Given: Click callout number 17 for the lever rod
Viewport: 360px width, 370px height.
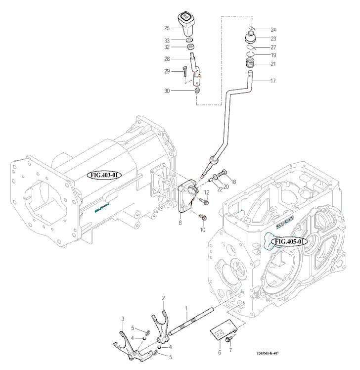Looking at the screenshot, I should (273, 80).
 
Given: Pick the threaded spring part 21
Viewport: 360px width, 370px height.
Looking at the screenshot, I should (253, 63).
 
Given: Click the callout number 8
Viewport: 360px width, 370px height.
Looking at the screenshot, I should (180, 223).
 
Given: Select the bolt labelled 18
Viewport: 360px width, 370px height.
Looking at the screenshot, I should (222, 173).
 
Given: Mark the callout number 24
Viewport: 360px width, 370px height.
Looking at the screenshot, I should (273, 29).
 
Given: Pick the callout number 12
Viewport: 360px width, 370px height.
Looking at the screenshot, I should (207, 192).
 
